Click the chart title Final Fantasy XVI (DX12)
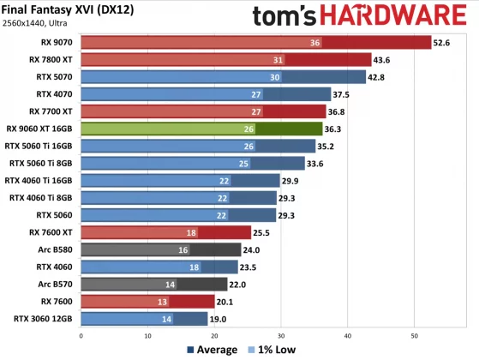(x=67, y=9)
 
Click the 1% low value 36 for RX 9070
(x=315, y=42)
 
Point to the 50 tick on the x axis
(x=415, y=335)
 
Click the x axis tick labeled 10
(x=148, y=335)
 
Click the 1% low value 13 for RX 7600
(x=163, y=301)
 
